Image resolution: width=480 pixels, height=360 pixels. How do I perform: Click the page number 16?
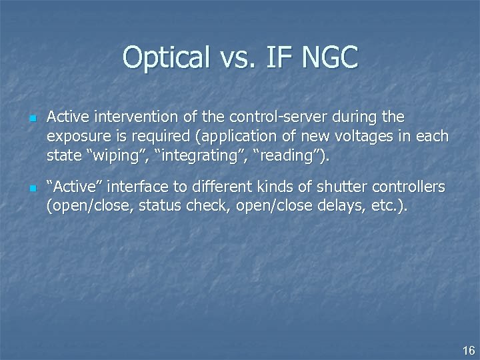pyautogui.click(x=469, y=350)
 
